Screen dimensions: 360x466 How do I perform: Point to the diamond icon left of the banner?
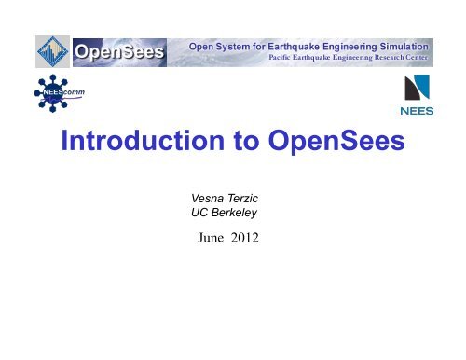[52, 52]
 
